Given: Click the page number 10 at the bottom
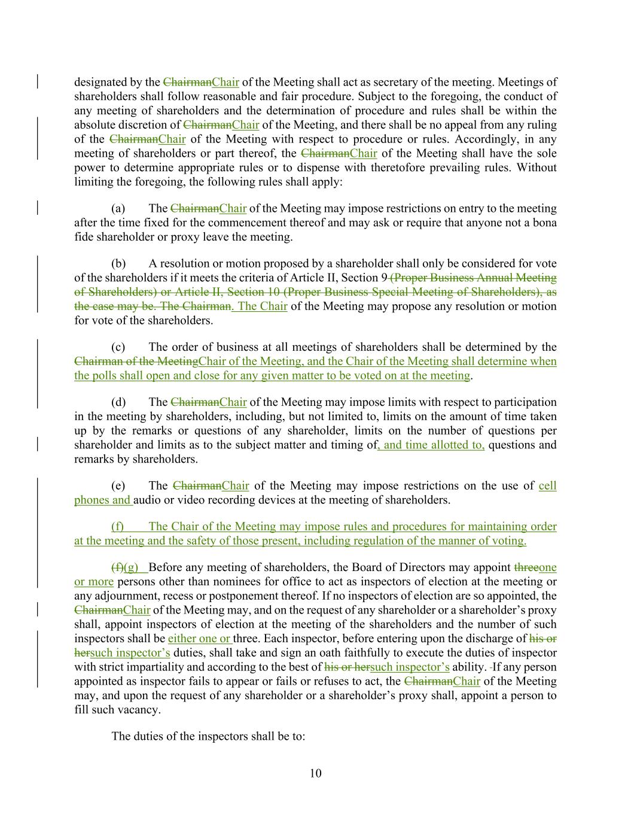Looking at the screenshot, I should (315, 773).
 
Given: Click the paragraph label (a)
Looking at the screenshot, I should (118, 208).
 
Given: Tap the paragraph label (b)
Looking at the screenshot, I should (118, 263).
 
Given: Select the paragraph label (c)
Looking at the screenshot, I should (118, 347).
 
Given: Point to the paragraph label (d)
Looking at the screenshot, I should (118, 402).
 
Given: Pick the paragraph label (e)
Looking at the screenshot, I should (118, 486).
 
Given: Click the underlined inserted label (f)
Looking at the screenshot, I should (118, 527).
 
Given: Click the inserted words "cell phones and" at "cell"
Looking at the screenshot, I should (547, 486).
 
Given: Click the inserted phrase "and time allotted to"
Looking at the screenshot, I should (432, 445).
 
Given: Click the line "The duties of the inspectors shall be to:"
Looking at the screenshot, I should (208, 736).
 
